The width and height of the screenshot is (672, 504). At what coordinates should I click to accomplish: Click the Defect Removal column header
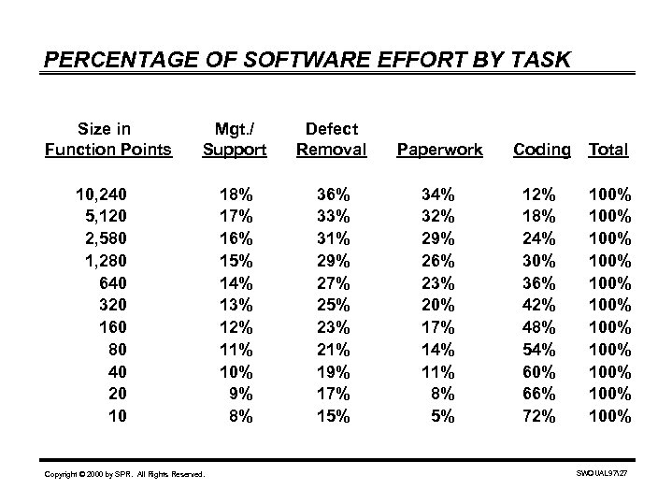pos(331,138)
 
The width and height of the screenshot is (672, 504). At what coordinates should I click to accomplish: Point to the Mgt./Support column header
pos(234,138)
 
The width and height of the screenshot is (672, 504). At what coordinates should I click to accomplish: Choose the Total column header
pos(609,149)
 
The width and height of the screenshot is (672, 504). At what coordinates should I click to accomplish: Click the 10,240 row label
pos(102,194)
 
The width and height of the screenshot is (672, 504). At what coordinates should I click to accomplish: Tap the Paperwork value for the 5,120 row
pos(437,215)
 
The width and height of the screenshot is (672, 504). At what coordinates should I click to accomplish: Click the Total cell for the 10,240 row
pos(609,194)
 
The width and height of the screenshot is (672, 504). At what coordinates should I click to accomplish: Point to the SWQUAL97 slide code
pos(602,475)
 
